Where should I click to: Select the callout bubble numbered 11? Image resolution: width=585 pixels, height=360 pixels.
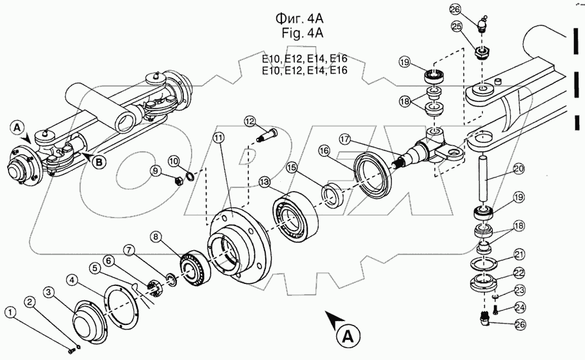point(218,138)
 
